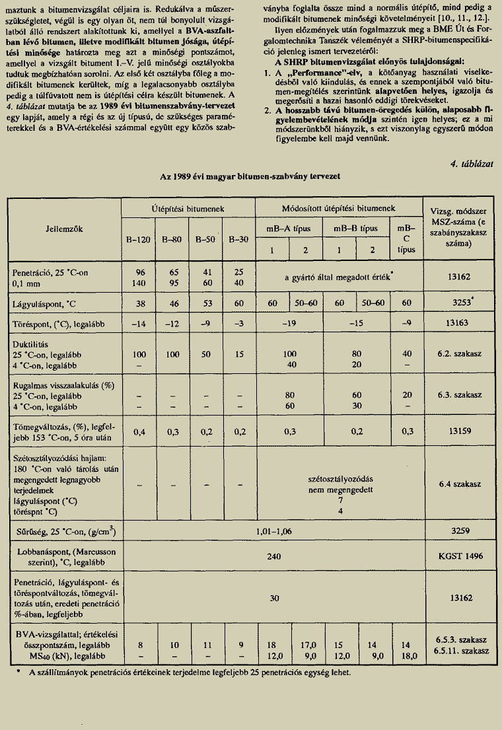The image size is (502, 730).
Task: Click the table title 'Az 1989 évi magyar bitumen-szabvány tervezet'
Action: tap(251, 178)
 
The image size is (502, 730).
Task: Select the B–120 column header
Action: tap(139, 240)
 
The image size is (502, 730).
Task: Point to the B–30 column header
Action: tap(238, 240)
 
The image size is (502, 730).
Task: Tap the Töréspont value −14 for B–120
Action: tap(139, 324)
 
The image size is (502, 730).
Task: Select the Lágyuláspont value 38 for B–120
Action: tap(139, 303)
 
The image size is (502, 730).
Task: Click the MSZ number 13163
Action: tap(457, 324)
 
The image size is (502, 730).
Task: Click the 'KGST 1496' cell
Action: tap(457, 557)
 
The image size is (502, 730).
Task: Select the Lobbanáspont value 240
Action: tap(274, 557)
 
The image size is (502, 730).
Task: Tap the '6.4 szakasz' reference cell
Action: tap(457, 484)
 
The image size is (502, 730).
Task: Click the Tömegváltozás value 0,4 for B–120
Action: tap(139, 431)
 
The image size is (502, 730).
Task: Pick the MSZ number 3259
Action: tap(457, 530)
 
